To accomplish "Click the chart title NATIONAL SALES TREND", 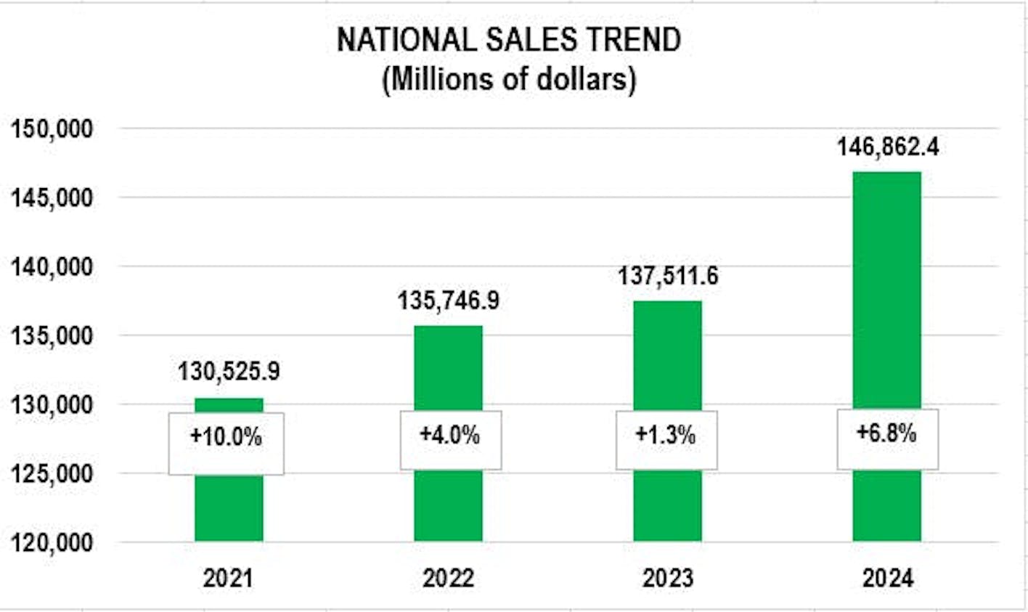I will (509, 40).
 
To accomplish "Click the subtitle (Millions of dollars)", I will (509, 79).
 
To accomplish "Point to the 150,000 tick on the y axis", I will (52, 129).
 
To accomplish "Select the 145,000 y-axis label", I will (52, 198).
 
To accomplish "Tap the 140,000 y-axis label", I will (52, 267).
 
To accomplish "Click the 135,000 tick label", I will (52, 336).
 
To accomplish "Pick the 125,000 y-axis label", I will (52, 474).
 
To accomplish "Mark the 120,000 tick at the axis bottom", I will (52, 542).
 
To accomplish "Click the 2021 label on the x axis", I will (229, 579).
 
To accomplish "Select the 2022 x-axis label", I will (448, 579).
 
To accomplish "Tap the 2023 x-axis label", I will (667, 579).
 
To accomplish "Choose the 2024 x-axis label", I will (887, 579).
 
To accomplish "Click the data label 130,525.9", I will (229, 372).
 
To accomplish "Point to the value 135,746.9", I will (448, 301).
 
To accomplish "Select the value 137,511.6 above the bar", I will (667, 276).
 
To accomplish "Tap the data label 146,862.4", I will (887, 147).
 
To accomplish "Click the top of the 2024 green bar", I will (886, 174).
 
